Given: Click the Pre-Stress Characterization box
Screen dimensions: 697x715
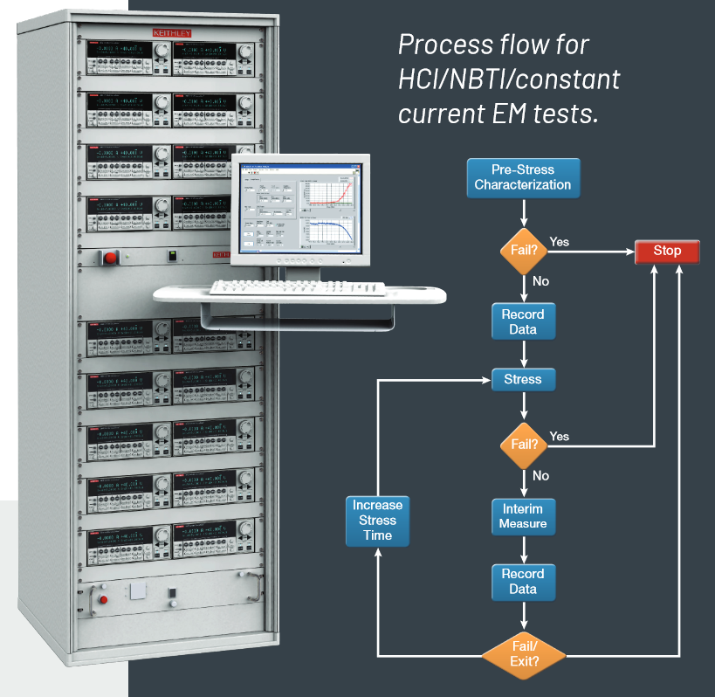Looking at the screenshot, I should tap(523, 176).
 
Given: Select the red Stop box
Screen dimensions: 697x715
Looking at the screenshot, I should tap(667, 252).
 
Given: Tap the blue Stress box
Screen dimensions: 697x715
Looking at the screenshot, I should tap(523, 380).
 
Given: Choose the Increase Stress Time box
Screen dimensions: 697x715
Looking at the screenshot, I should tap(378, 520).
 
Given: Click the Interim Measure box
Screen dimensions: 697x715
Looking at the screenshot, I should tap(523, 516).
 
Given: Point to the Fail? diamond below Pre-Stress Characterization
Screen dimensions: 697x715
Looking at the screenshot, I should tap(523, 252).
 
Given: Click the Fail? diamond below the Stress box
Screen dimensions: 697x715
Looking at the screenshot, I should tap(524, 444).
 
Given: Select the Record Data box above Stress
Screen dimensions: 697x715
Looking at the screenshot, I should tap(523, 321).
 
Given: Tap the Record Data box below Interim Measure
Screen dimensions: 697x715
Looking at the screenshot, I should tap(523, 582).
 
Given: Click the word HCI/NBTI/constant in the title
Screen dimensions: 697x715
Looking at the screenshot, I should tap(509, 79).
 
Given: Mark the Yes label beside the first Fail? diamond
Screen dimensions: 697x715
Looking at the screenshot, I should tap(560, 241).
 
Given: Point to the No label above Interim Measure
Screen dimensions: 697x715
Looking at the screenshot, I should tap(541, 476).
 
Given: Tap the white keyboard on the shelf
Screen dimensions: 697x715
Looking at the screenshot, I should tap(297, 286).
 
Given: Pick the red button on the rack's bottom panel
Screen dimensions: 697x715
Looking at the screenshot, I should tap(104, 599).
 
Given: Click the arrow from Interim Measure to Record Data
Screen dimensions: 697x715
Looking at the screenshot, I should tap(523, 549).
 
